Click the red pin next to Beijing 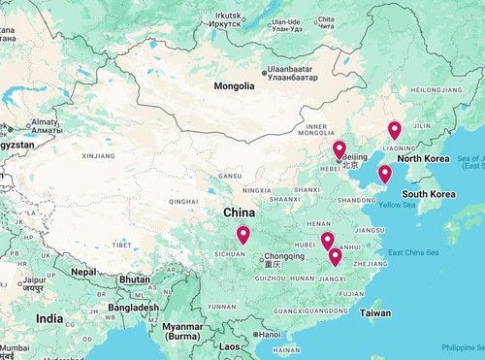tap(339, 149)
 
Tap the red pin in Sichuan tap(242, 234)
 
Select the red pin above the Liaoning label tap(394, 130)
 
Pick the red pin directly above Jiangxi tap(335, 256)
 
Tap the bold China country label tap(240, 213)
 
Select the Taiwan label tap(375, 313)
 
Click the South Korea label tap(429, 194)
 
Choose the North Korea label tap(423, 158)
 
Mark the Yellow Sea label tap(396, 205)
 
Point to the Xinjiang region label tap(98, 155)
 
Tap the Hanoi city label tap(268, 335)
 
